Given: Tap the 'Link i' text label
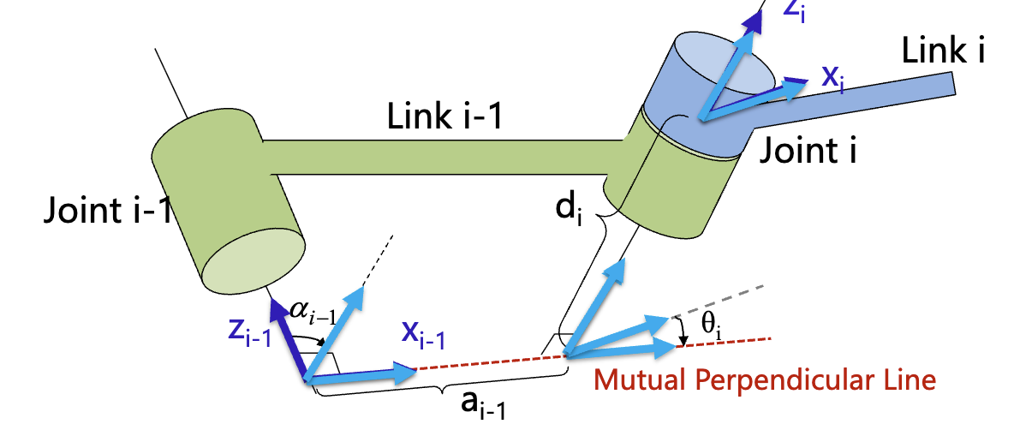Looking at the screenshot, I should [x=943, y=51].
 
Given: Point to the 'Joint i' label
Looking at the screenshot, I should [x=808, y=152].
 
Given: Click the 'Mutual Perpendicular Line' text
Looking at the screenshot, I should [x=763, y=378].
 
